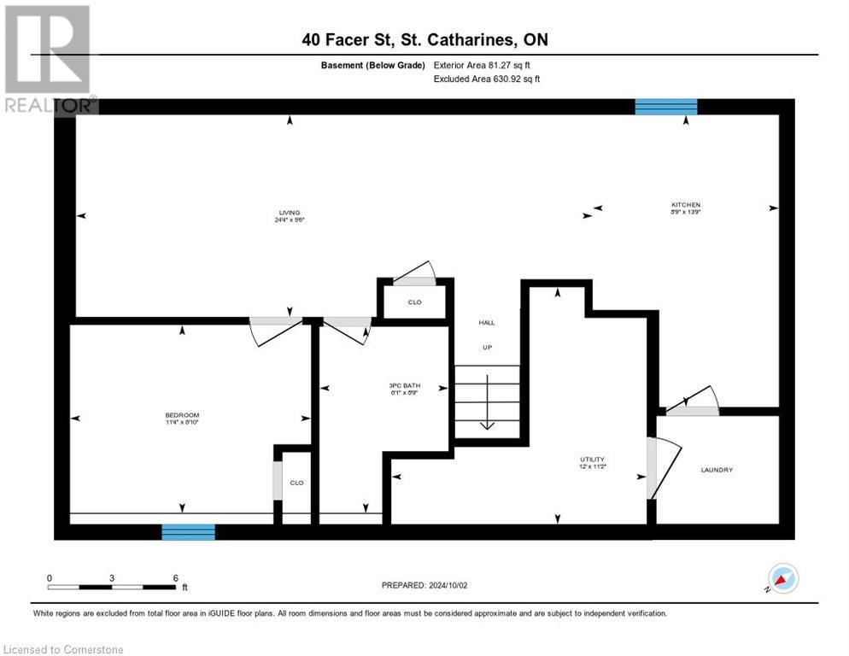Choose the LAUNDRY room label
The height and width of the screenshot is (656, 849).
pyautogui.click(x=717, y=470)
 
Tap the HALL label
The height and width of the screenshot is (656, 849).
pyautogui.click(x=486, y=322)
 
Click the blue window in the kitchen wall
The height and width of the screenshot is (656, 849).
pyautogui.click(x=665, y=107)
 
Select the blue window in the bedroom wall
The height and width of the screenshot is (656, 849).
pyautogui.click(x=189, y=532)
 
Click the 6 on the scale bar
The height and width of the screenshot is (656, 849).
pyautogui.click(x=175, y=577)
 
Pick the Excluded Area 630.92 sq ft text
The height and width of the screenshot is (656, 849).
pyautogui.click(x=487, y=79)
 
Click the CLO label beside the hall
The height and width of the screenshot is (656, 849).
pyautogui.click(x=414, y=302)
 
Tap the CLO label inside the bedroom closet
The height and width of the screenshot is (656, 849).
pyautogui.click(x=296, y=483)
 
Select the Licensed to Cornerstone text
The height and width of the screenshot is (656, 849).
pyautogui.click(x=64, y=650)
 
